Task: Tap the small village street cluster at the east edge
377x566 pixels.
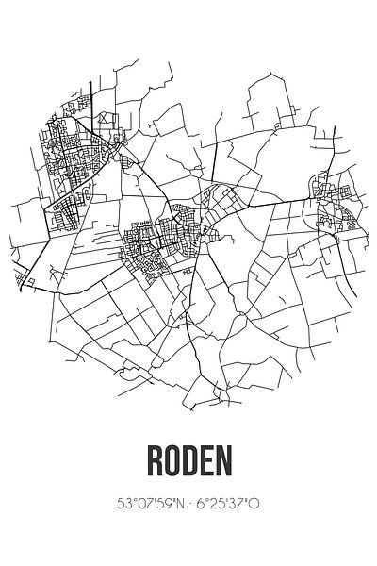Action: click(x=335, y=203)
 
